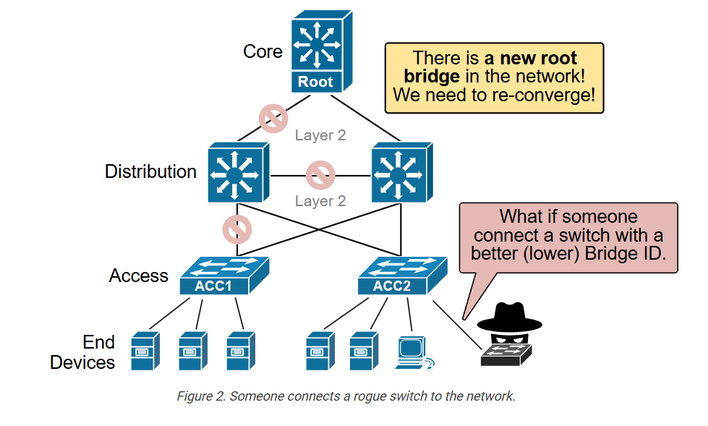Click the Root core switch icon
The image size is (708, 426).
(x=322, y=51)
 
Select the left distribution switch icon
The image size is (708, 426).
(x=239, y=172)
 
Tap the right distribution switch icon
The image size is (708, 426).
(x=402, y=172)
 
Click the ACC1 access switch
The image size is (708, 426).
(x=224, y=276)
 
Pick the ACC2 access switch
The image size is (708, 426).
(x=402, y=276)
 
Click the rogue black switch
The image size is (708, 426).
(x=506, y=355)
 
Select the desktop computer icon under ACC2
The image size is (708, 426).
(x=414, y=353)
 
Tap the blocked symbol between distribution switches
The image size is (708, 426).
(x=320, y=175)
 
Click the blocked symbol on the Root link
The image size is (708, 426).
(x=273, y=119)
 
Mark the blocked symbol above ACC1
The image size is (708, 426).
(x=237, y=229)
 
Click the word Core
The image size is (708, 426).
(x=263, y=51)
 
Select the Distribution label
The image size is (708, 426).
(x=151, y=171)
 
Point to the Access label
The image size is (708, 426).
(x=139, y=276)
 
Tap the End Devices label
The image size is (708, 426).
(x=82, y=352)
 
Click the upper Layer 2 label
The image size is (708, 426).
(x=320, y=135)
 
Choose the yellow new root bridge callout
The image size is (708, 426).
(x=495, y=77)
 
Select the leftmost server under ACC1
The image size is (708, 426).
(x=145, y=351)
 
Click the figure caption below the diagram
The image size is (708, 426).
(x=346, y=396)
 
